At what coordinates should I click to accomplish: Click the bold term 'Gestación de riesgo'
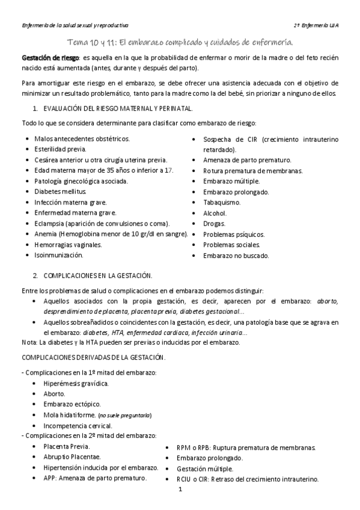[x=50, y=57]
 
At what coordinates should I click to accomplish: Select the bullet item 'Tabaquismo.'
[x=221, y=202]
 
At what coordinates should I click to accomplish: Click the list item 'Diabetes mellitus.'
[x=60, y=191]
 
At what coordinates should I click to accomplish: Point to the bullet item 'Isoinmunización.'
[x=58, y=256]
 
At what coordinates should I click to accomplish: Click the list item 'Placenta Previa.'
[x=67, y=446]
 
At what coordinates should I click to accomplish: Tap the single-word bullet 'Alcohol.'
[x=215, y=213]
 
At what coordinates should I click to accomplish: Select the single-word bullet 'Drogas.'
[x=214, y=224]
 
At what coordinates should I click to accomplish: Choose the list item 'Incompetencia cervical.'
[x=78, y=426]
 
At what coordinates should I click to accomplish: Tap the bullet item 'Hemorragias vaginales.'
[x=68, y=245]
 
